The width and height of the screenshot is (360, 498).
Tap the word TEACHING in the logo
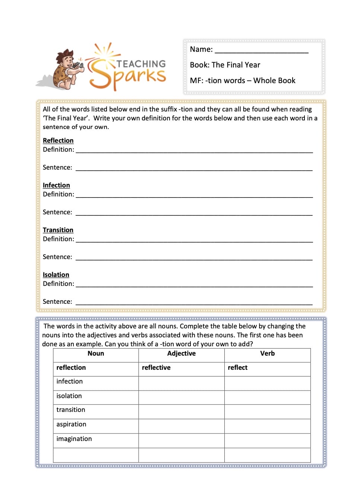[x=141, y=64]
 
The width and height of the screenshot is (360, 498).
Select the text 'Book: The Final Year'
[x=225, y=65]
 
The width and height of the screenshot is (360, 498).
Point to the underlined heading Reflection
[x=58, y=141]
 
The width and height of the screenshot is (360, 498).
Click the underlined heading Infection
[x=56, y=185]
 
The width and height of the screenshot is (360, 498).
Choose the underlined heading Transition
[x=58, y=230]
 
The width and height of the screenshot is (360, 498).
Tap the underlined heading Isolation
[x=56, y=275]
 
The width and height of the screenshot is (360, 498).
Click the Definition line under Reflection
[x=194, y=150]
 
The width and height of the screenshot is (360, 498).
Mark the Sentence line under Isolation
[x=194, y=302]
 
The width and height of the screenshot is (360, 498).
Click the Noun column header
[x=96, y=354]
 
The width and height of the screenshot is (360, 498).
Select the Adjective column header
[x=181, y=354]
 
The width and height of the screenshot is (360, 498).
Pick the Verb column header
[x=267, y=354]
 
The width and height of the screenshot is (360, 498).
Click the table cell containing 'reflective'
[x=181, y=368]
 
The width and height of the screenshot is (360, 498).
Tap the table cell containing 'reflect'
[x=267, y=368]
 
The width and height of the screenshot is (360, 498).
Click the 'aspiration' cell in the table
[x=96, y=425]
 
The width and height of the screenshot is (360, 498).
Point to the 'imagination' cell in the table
[x=96, y=439]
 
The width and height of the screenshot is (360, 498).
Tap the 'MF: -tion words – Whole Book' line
[x=242, y=81]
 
